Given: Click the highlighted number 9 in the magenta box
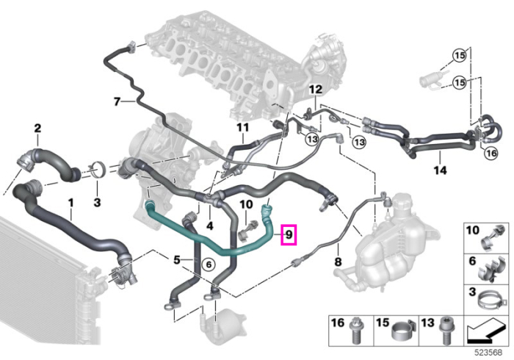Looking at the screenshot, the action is pyautogui.click(x=289, y=234).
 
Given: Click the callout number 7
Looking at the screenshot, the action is pyautogui.click(x=117, y=102).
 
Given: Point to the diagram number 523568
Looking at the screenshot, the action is pyautogui.click(x=489, y=353).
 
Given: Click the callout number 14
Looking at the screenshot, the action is pyautogui.click(x=440, y=170).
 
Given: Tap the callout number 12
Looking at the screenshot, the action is pyautogui.click(x=316, y=89).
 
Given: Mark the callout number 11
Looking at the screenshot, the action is pyautogui.click(x=243, y=127).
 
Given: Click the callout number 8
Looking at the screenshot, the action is pyautogui.click(x=338, y=262).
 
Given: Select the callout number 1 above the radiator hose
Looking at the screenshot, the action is pyautogui.click(x=70, y=203).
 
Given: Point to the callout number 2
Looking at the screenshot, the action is pyautogui.click(x=37, y=128).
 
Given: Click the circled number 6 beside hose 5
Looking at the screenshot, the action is pyautogui.click(x=209, y=264).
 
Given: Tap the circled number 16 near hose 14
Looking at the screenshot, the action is pyautogui.click(x=491, y=153).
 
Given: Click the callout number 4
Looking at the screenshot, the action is pyautogui.click(x=209, y=226).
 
